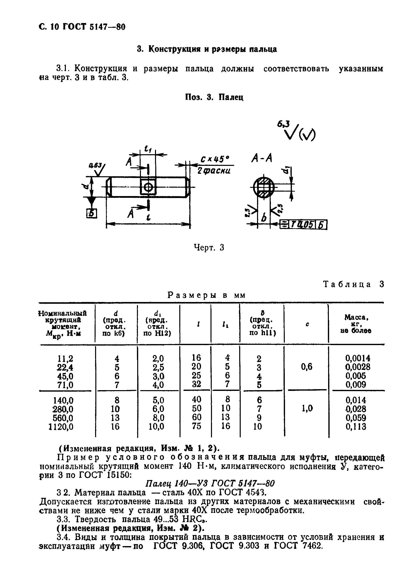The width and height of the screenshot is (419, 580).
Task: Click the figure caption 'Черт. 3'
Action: click(209, 247)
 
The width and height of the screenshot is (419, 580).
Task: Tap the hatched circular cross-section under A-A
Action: click(263, 187)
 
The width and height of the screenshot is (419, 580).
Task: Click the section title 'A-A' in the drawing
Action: click(262, 159)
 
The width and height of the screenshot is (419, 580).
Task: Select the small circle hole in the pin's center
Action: click(148, 187)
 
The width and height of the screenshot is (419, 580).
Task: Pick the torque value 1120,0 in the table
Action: click(61, 427)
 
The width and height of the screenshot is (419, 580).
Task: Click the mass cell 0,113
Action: click(356, 427)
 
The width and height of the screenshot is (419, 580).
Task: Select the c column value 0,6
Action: click(306, 367)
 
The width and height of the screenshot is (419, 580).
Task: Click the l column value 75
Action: click(196, 426)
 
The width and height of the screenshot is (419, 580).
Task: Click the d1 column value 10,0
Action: click(157, 427)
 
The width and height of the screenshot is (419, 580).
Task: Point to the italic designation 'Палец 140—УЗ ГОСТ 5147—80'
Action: click(210, 483)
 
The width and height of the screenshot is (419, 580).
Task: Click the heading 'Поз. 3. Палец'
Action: click(214, 97)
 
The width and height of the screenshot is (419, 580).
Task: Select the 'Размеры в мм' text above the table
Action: click(207, 295)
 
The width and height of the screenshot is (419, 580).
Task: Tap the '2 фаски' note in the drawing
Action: click(214, 171)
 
